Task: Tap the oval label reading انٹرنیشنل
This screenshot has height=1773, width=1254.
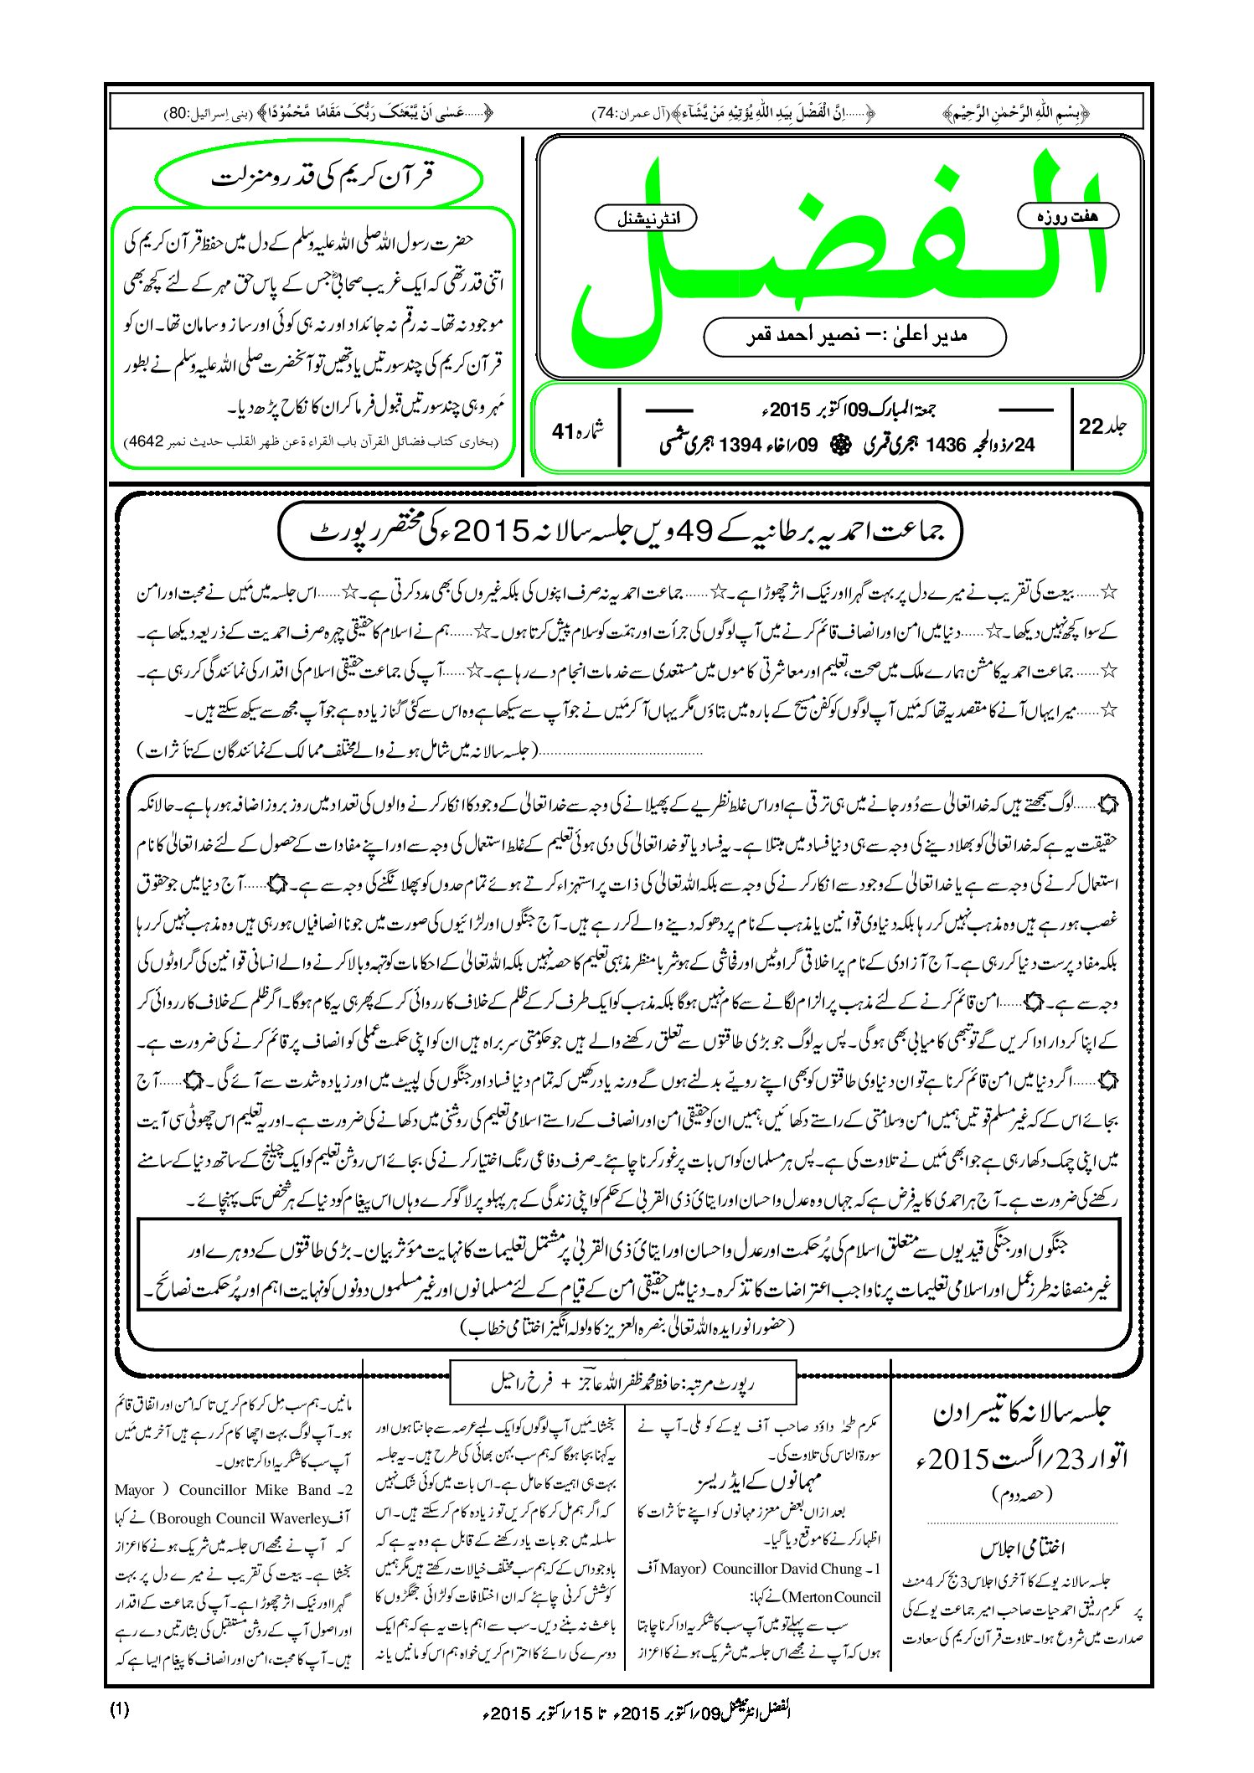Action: [646, 219]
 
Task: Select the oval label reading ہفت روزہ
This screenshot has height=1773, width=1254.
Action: [1067, 215]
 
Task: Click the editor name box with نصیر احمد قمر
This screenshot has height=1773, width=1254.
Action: [854, 336]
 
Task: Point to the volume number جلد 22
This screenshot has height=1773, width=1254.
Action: [1102, 426]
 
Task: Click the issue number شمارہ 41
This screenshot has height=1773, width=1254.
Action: [578, 430]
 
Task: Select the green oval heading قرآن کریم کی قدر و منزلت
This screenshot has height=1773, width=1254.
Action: [319, 178]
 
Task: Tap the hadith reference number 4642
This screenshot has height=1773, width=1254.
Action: [145, 441]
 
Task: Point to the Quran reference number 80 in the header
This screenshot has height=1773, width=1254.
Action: [180, 112]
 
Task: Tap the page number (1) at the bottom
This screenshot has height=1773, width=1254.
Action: [120, 1709]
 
